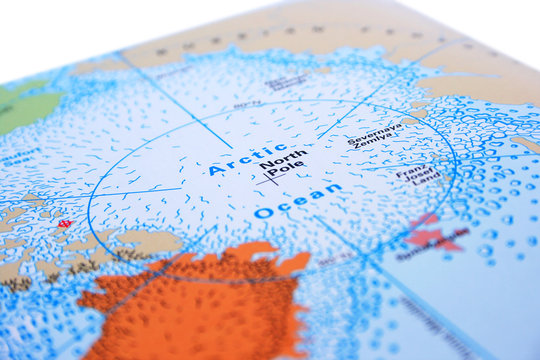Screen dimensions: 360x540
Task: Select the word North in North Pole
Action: click(282, 158)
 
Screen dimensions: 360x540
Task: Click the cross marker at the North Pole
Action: click(268, 180)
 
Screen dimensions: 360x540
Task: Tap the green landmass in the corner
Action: click(25, 105)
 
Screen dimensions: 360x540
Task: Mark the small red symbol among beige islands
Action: click(64, 223)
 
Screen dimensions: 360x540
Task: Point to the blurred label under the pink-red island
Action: click(432, 256)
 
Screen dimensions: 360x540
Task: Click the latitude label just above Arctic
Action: click(247, 103)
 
